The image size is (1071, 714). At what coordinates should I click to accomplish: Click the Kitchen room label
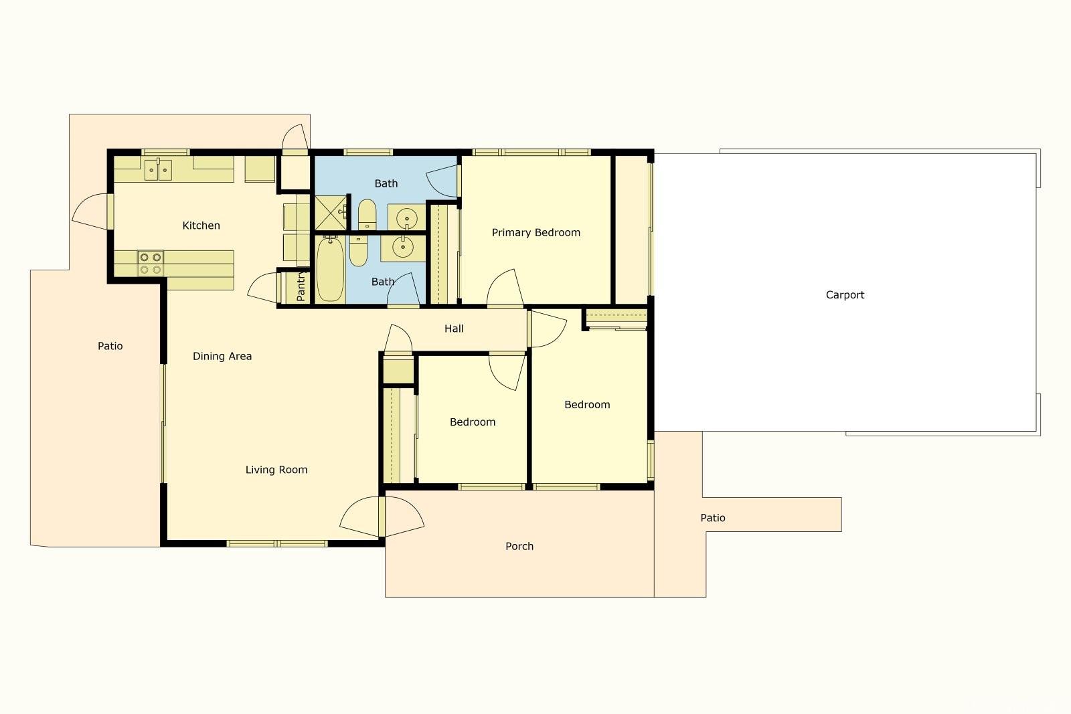click(x=201, y=226)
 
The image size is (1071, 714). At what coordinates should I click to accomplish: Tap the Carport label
click(x=845, y=295)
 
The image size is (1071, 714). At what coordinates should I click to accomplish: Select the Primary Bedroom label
click(x=536, y=233)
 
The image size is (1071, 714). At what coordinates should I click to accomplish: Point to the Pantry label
click(x=301, y=286)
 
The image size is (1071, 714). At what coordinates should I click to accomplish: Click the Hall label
click(x=454, y=329)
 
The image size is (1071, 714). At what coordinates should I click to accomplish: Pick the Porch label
click(x=519, y=546)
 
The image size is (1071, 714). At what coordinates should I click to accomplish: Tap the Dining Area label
click(x=222, y=357)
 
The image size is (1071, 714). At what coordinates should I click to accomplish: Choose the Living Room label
click(x=276, y=470)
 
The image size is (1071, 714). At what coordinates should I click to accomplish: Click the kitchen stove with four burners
click(x=151, y=264)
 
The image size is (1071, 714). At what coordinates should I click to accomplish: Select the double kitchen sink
click(x=158, y=170)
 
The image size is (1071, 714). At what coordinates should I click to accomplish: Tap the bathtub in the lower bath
click(x=330, y=269)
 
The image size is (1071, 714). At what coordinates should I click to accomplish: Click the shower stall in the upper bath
click(x=331, y=213)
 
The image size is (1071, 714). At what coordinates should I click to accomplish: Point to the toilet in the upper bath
click(x=367, y=215)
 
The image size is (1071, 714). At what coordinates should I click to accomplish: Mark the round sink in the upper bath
click(x=407, y=219)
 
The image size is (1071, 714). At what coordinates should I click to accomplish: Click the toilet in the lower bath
click(x=358, y=251)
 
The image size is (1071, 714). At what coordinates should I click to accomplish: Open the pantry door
click(x=264, y=288)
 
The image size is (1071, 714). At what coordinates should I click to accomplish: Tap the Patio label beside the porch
click(x=712, y=518)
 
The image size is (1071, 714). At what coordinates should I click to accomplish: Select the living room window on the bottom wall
click(x=277, y=543)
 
